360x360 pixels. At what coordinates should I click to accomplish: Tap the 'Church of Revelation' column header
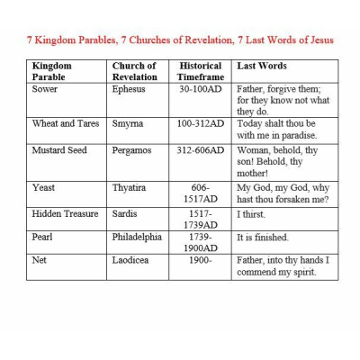134,71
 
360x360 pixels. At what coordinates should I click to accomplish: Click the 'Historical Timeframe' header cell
200,71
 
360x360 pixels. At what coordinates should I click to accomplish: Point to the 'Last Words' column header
261,66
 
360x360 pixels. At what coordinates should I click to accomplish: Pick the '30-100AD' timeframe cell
201,90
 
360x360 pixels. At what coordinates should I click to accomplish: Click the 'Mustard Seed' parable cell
59,150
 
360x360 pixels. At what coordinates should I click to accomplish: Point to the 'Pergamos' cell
132,150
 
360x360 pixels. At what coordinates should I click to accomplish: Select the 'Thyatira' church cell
131,187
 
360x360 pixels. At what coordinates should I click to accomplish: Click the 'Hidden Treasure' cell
66,214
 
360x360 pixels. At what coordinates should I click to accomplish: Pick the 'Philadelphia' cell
137,238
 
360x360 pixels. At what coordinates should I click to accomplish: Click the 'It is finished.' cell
263,238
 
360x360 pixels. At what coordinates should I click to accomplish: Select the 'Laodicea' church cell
132,260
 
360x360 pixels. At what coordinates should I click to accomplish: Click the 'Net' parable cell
40,260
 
